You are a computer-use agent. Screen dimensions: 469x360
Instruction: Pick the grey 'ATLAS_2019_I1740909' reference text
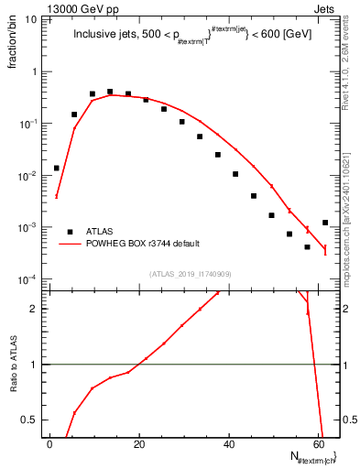coord(191,274)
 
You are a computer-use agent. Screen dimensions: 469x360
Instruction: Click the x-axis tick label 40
coord(229,444)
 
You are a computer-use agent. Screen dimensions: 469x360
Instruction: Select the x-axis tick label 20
coord(140,444)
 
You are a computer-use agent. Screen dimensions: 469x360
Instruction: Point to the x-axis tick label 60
coord(319,444)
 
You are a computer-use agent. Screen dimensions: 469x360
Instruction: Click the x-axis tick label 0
coord(51,444)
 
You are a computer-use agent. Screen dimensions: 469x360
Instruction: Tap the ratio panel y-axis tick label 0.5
coord(32,420)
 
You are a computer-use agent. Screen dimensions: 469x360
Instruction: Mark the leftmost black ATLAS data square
coord(56,168)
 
